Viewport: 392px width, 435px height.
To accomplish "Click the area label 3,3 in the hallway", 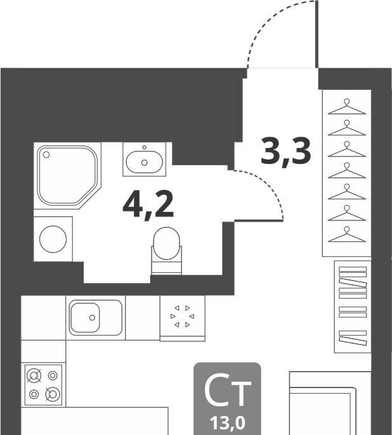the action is click(x=285, y=152).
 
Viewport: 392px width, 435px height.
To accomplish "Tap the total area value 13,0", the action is click(x=228, y=424).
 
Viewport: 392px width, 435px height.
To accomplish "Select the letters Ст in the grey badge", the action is click(x=228, y=390).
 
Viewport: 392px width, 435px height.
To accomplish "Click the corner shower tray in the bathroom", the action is click(x=67, y=175).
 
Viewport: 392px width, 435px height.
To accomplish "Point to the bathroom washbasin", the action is click(x=144, y=162).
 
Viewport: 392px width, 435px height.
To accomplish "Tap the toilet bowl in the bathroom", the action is click(x=166, y=244).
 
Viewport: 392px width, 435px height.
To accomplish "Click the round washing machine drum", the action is click(x=53, y=239).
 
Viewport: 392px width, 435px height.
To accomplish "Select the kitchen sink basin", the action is click(x=85, y=317).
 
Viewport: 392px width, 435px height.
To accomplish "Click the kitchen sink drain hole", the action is click(x=92, y=318).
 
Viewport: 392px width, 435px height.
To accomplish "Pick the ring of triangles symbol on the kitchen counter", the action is click(x=182, y=316).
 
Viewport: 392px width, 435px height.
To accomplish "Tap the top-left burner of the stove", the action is click(x=34, y=376).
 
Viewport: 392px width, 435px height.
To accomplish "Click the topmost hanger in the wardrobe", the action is click(x=347, y=107).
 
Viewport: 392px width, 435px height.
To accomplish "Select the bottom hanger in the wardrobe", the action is click(x=347, y=234).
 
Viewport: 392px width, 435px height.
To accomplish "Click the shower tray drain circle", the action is click(x=46, y=154).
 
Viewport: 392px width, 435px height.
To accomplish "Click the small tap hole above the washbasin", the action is click(x=144, y=148).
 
